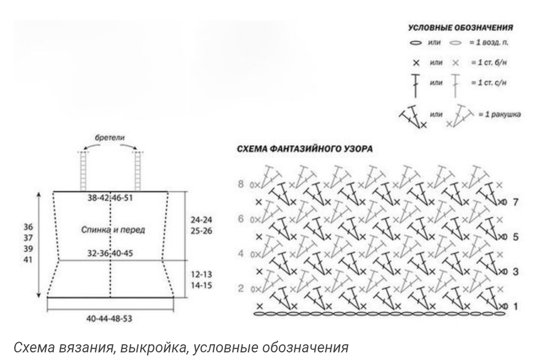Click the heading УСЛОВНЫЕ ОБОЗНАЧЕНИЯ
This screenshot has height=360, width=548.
[460, 27]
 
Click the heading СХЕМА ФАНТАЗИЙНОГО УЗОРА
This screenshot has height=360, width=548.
[304, 149]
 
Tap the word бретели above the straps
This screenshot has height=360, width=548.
[110, 138]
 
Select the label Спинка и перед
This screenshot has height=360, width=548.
[113, 230]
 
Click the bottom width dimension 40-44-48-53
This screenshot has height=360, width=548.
[109, 318]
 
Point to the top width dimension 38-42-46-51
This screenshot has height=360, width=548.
[110, 198]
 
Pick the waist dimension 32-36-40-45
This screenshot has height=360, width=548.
[110, 253]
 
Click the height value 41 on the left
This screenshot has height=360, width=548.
[28, 259]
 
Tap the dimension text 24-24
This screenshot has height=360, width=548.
[201, 220]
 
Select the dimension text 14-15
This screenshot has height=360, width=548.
[201, 285]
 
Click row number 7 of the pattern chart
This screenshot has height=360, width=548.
[516, 202]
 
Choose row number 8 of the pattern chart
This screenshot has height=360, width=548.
[241, 184]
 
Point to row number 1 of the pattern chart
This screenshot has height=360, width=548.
[516, 307]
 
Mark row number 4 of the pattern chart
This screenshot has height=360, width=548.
[241, 253]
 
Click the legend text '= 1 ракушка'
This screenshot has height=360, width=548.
[499, 114]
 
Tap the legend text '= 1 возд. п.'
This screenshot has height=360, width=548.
[489, 42]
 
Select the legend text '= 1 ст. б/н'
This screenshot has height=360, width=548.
[489, 62]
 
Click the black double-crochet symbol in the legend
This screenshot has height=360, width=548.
[416, 86]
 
